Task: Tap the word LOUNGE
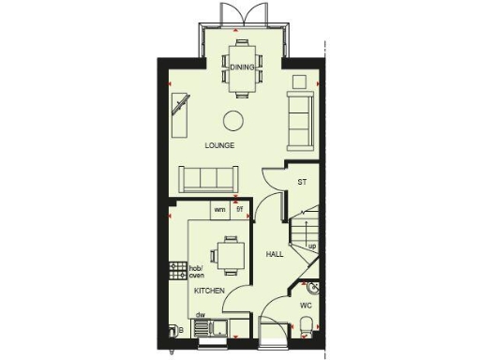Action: click(x=220, y=146)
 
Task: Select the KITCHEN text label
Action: click(x=209, y=292)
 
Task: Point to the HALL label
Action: click(x=275, y=255)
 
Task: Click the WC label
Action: click(x=306, y=306)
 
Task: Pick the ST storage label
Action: click(x=302, y=182)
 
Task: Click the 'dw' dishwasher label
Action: click(x=201, y=315)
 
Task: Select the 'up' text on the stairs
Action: click(x=311, y=247)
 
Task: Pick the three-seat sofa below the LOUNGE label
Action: click(x=208, y=176)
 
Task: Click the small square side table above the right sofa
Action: click(x=299, y=82)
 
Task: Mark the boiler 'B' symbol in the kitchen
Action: click(x=176, y=330)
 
